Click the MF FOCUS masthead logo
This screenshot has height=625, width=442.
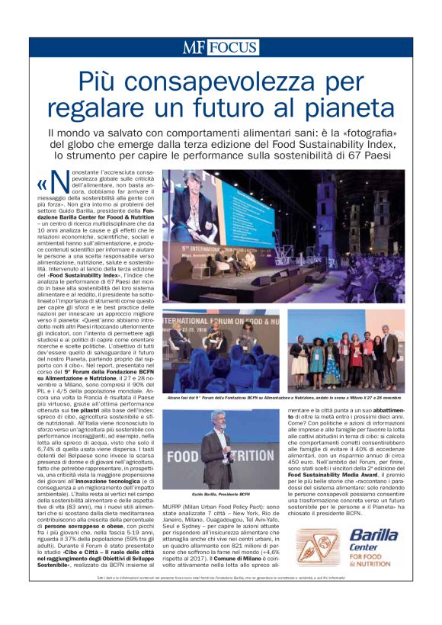click(221, 47)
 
